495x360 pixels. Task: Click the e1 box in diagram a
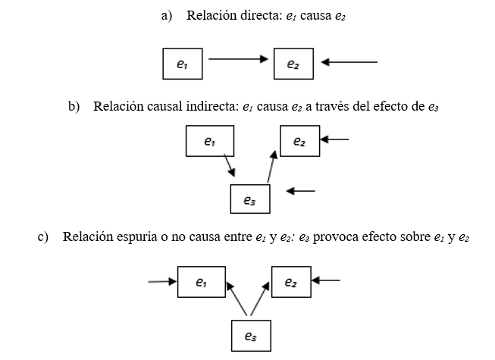(x=183, y=64)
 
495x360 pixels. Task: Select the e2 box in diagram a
(x=293, y=64)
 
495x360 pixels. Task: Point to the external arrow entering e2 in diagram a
(x=349, y=61)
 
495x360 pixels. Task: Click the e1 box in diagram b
(x=209, y=142)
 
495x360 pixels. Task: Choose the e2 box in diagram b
(x=299, y=142)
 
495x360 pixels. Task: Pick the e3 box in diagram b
(x=250, y=199)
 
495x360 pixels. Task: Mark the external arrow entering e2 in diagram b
(x=335, y=139)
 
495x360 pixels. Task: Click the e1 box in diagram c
(x=199, y=282)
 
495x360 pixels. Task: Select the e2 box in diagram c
(x=290, y=282)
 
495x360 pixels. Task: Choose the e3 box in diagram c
(x=250, y=336)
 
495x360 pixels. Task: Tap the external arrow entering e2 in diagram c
(x=326, y=280)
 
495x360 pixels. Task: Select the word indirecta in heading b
(x=212, y=106)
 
